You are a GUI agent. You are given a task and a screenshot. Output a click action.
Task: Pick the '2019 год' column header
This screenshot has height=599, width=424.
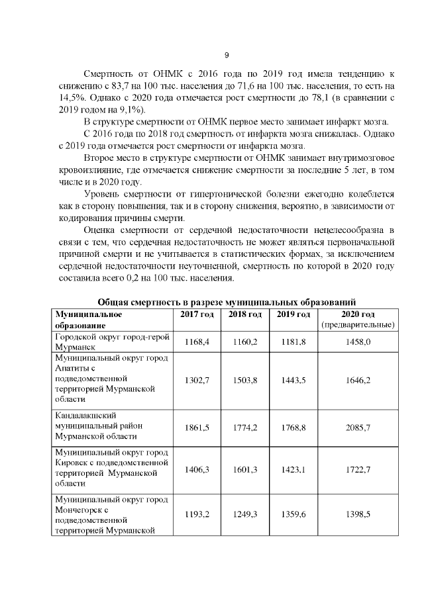pyautogui.click(x=293, y=314)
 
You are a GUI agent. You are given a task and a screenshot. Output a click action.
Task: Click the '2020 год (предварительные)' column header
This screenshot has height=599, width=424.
pyautogui.click(x=358, y=319)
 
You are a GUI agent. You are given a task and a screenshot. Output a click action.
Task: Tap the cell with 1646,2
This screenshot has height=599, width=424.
pyautogui.click(x=358, y=379)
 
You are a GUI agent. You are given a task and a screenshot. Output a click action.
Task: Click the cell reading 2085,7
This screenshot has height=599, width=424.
pyautogui.click(x=358, y=428)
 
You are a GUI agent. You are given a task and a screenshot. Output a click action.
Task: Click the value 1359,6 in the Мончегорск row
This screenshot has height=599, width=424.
pyautogui.click(x=293, y=514)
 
